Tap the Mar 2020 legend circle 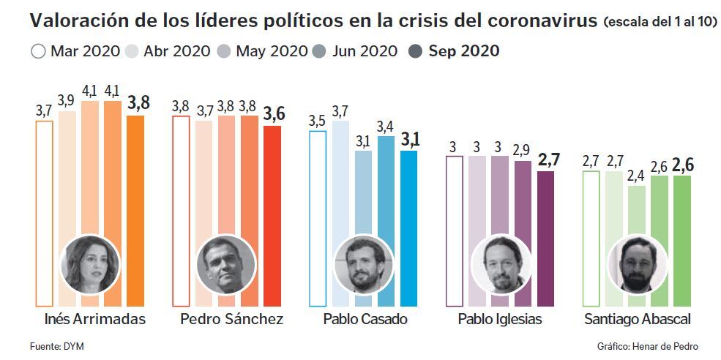click(x=39, y=51)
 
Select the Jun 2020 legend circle click(x=319, y=51)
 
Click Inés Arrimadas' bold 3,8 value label click(x=138, y=103)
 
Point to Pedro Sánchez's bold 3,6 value click(x=273, y=114)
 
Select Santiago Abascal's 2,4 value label click(x=638, y=176)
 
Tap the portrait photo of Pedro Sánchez click(x=226, y=263)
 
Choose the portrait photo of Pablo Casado click(x=363, y=263)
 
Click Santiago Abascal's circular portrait click(x=638, y=263)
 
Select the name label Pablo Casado click(x=365, y=320)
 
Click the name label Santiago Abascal click(x=637, y=320)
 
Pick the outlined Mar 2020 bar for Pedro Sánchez click(x=180, y=212)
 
